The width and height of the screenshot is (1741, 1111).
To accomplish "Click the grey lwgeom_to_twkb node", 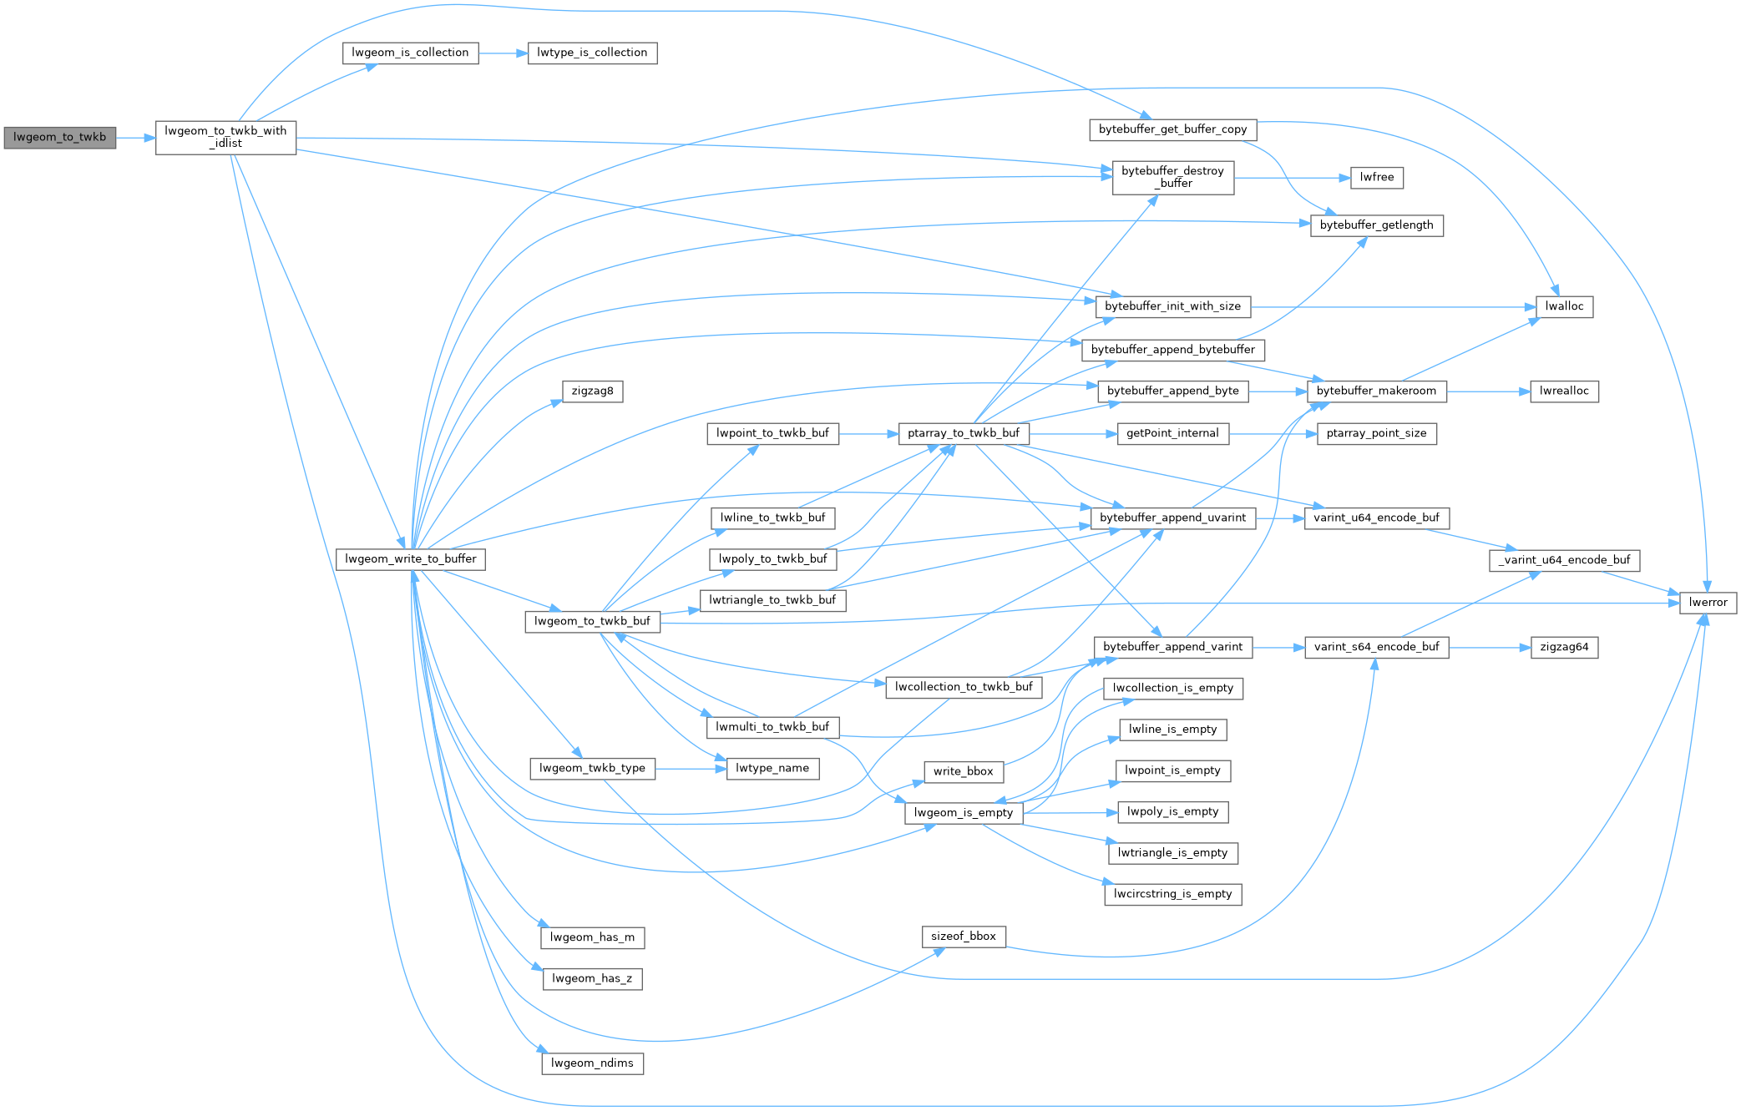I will click(x=59, y=138).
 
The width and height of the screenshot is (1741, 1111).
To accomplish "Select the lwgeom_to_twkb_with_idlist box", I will click(x=225, y=138).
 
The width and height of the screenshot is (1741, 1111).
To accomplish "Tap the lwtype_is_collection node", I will click(x=592, y=53).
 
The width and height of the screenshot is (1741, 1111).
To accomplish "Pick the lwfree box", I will click(x=1376, y=177).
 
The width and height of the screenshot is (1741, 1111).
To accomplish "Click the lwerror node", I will click(x=1708, y=603).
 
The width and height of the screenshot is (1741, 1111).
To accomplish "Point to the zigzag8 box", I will click(x=592, y=391).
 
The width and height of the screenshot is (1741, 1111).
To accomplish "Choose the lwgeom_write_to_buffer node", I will click(x=410, y=559).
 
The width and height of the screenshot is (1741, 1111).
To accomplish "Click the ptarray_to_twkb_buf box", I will click(x=963, y=433).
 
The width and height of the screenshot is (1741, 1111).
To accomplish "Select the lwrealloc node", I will click(x=1564, y=391).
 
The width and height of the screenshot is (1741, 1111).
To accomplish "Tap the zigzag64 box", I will click(x=1564, y=647).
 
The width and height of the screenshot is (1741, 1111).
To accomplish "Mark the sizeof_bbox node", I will click(x=963, y=937).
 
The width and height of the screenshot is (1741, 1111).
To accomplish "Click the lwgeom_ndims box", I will click(x=592, y=1063).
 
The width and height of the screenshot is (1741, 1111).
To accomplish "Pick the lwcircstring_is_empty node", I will click(x=1172, y=894).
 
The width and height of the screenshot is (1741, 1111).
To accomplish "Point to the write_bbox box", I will click(x=963, y=771).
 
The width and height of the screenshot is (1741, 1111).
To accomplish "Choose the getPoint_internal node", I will click(x=1172, y=433).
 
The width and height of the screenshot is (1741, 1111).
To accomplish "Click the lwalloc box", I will click(x=1564, y=306).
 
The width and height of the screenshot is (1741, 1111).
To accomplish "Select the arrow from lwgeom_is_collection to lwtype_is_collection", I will click(x=503, y=53).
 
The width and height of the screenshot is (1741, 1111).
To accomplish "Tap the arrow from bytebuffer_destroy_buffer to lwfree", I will click(x=1292, y=177).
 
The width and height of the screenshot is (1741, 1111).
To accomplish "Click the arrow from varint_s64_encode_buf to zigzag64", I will click(x=1490, y=647).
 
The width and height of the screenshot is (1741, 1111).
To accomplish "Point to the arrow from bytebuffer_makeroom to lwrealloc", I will click(x=1488, y=391).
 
